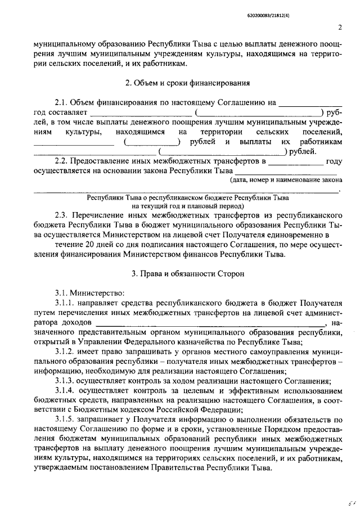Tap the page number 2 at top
coord(340,27)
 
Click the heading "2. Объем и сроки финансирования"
coord(187,83)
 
